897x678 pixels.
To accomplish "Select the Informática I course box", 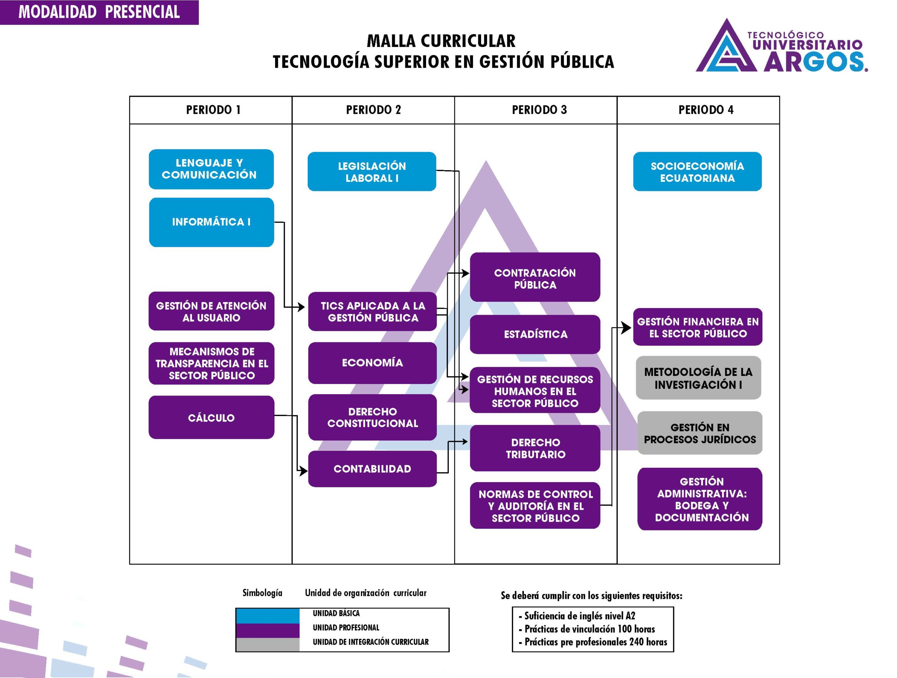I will (211, 222).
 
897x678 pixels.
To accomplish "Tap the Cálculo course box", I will (211, 418).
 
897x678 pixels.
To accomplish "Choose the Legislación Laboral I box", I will (372, 172).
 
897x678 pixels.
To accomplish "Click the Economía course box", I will (372, 363).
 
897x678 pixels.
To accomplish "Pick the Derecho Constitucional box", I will (372, 417).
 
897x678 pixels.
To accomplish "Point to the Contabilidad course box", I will (372, 469).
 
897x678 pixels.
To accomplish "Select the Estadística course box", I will (535, 335).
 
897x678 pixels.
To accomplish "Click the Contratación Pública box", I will (535, 279).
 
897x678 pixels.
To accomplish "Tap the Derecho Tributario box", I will (535, 448).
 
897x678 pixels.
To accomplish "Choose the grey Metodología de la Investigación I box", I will (698, 378).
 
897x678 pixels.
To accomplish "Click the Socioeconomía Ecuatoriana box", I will (698, 172).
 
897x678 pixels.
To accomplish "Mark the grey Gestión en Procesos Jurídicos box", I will (700, 433).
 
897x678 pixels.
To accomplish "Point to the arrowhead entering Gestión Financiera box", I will (626, 328).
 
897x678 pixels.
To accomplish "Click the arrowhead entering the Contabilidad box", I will (303, 471).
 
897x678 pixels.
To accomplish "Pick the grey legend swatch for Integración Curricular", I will (268, 645).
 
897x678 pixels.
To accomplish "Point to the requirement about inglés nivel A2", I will (580, 616).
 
